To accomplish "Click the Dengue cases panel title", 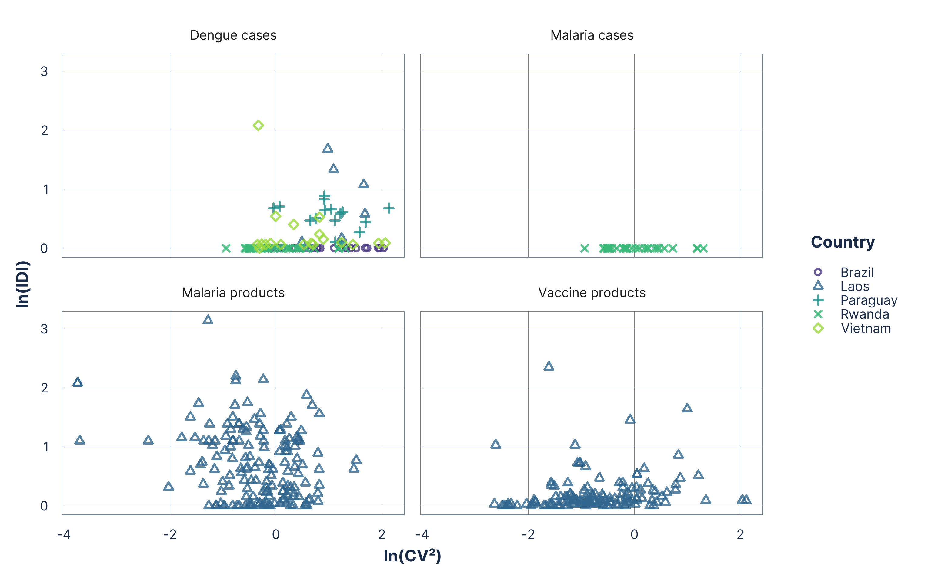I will [233, 35].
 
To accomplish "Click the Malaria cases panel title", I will [592, 35].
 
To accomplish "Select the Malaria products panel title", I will [233, 293].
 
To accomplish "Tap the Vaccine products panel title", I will [592, 293].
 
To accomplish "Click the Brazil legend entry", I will [857, 272].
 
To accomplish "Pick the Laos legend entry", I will [854, 286].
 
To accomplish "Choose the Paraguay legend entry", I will [868, 300].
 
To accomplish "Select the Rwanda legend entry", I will [864, 314].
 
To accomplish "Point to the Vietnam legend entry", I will [866, 329].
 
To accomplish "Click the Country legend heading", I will [843, 242].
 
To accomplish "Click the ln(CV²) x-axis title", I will [412, 556].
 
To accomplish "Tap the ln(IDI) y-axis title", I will [22, 284].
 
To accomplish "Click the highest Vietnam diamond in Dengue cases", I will [258, 126].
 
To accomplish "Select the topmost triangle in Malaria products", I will [208, 320].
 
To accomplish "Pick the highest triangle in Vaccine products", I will [549, 366].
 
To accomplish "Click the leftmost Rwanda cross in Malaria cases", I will [584, 248].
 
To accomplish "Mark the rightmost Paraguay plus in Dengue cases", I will [389, 208].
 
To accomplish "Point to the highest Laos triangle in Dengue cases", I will [327, 148].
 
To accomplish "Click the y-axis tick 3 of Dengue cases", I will [44, 71].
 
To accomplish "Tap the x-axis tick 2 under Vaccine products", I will [740, 534].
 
